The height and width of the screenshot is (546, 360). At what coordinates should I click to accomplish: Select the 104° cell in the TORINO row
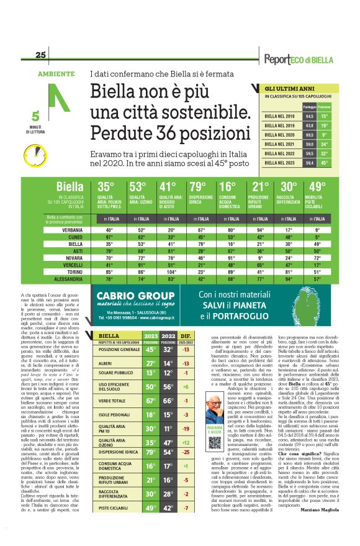[x=167, y=272]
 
